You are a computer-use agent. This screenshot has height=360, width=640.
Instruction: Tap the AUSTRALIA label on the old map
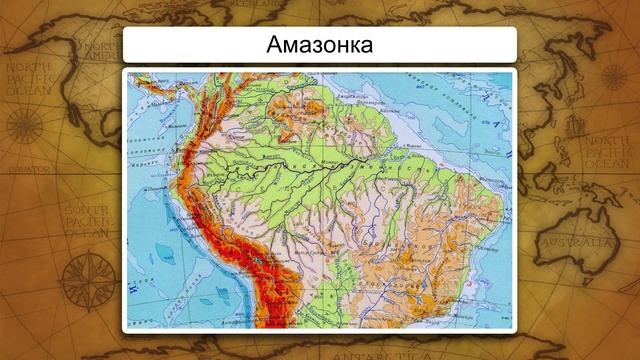[578, 242]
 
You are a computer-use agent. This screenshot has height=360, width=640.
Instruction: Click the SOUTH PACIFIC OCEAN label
[86, 221]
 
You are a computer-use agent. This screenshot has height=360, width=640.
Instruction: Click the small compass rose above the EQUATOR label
[21, 125]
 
